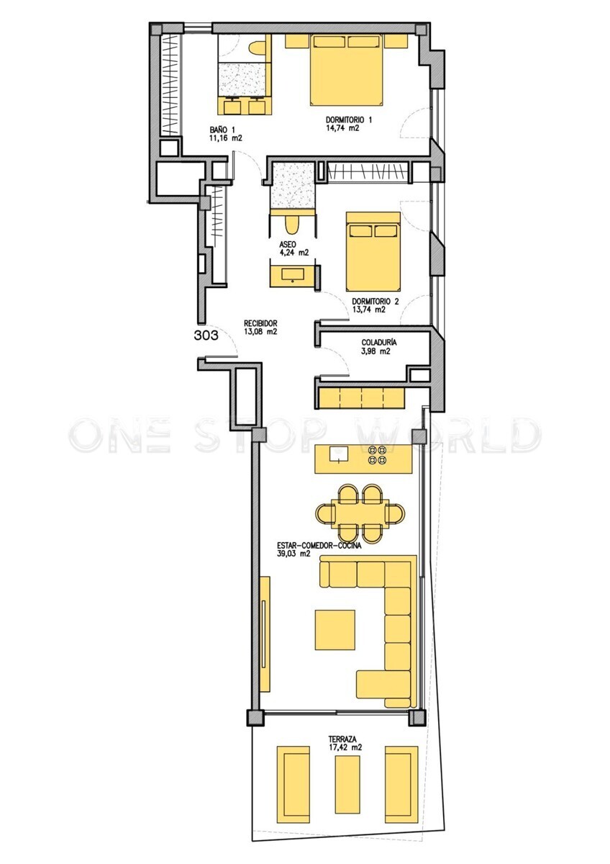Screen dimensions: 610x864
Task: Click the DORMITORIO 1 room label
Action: click(349, 120)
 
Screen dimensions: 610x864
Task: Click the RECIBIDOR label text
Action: click(260, 323)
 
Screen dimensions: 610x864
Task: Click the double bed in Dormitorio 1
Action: click(347, 69)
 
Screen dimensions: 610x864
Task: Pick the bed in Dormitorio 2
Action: click(373, 251)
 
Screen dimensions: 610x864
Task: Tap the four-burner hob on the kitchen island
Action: click(376, 454)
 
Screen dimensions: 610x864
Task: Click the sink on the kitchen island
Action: click(338, 454)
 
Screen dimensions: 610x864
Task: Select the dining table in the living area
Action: click(360, 513)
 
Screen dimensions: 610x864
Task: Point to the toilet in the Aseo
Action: click(293, 224)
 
